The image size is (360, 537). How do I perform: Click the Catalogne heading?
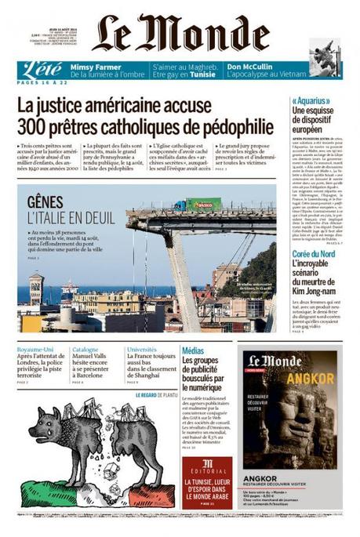(x=85, y=350)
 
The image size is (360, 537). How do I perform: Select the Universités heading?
(x=142, y=350)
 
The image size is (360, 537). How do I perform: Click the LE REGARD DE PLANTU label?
(x=155, y=395)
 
